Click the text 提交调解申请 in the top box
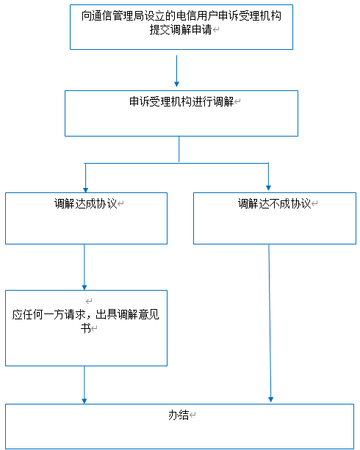[181, 30]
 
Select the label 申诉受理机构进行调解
[181, 101]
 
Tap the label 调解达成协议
[86, 203]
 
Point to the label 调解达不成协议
[274, 203]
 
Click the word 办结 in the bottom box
[179, 415]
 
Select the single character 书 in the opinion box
[86, 327]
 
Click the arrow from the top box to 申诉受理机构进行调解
[177, 71]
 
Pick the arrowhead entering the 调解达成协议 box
[85, 190]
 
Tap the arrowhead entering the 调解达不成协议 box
[268, 188]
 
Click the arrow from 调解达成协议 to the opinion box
[84, 267]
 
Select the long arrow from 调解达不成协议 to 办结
[270, 323]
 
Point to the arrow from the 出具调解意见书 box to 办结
[84, 385]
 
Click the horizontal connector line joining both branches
[176, 163]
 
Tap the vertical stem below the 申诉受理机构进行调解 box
[179, 149]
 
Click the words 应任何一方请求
[48, 314]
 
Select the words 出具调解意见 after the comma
[127, 314]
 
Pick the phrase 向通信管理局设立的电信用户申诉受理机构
[181, 16]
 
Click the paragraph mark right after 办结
[192, 415]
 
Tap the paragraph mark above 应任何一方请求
[89, 301]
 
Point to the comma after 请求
[90, 317]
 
